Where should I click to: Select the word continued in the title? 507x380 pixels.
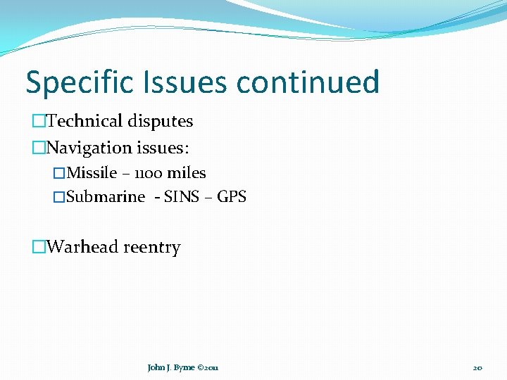(308, 82)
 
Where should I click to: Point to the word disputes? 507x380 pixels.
(161, 122)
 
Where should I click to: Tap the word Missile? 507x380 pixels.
(92, 173)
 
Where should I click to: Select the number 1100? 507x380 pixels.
(146, 173)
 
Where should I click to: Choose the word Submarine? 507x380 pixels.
(106, 197)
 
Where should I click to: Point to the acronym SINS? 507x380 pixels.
(182, 197)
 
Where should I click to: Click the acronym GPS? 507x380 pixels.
(232, 197)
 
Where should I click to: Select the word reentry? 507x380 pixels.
(152, 248)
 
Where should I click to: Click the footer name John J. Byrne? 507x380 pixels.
(171, 367)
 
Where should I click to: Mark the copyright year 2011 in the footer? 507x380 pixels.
(211, 367)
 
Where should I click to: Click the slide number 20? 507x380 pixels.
(477, 367)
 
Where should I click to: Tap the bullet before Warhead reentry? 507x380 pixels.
(39, 247)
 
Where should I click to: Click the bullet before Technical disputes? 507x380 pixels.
(39, 121)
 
